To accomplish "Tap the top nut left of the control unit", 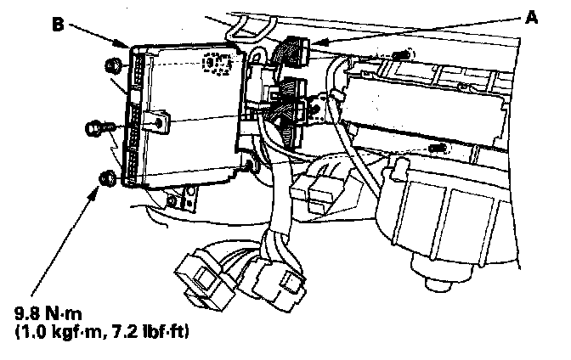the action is click(x=111, y=65).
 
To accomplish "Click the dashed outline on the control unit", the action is click(x=218, y=65).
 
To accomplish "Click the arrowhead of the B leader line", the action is click(x=127, y=45).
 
